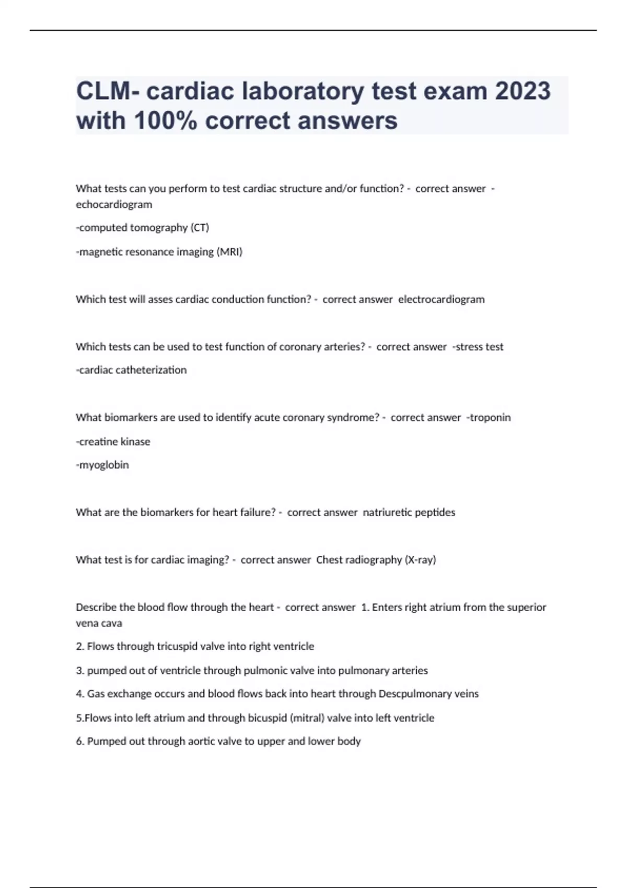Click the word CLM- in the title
tap(108, 91)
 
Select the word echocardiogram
tap(114, 204)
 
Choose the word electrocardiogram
tap(442, 299)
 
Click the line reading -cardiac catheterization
tap(131, 370)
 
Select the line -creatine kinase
tap(113, 441)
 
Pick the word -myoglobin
tap(102, 465)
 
